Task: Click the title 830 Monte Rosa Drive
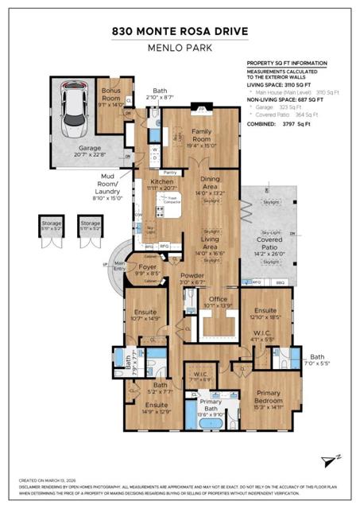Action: tap(180, 32)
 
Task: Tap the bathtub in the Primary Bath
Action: tap(211, 423)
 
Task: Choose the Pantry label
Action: tap(168, 172)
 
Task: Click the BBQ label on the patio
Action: tap(279, 282)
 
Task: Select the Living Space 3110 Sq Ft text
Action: tap(279, 86)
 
